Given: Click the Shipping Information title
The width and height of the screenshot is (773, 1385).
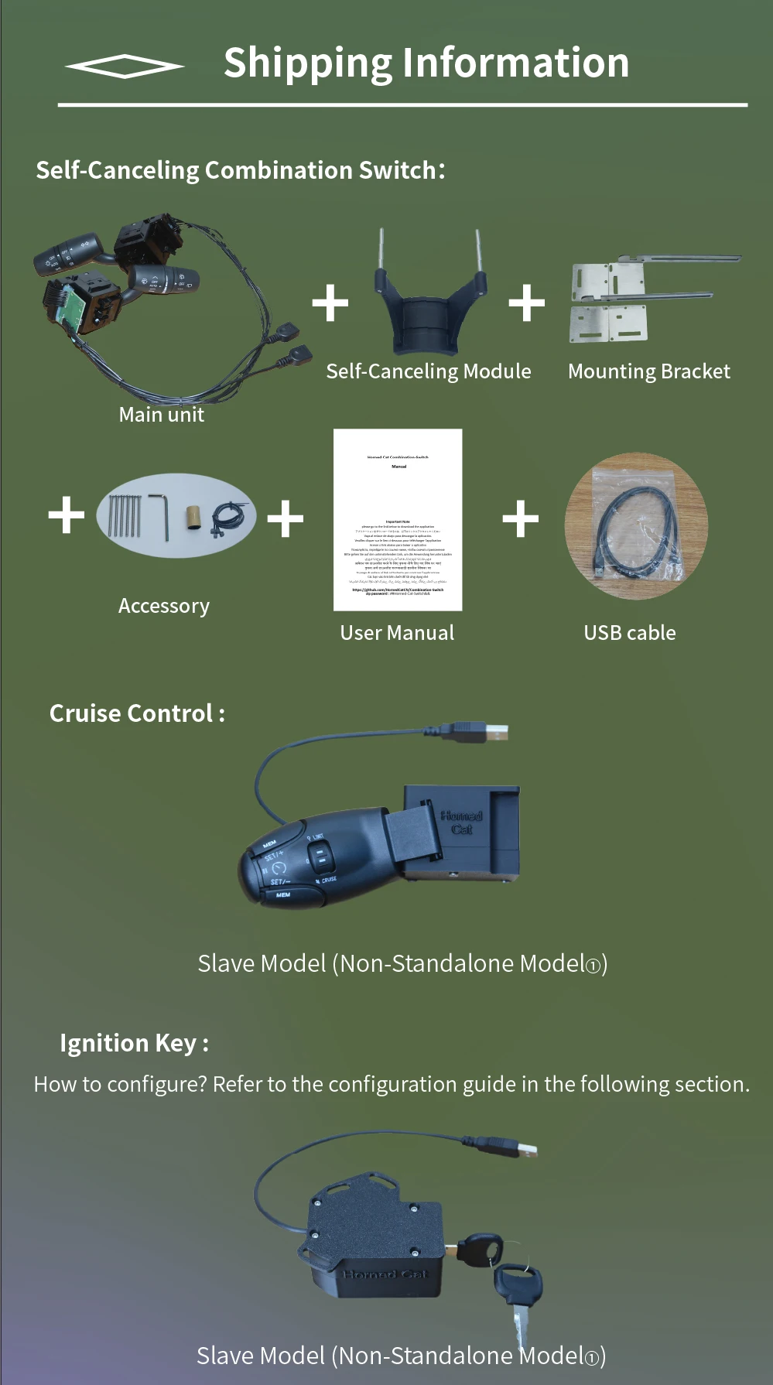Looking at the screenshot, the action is point(426,63).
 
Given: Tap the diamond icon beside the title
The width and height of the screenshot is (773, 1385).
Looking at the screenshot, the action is point(125,67).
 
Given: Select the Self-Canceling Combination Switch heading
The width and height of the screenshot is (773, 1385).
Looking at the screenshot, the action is point(240,170).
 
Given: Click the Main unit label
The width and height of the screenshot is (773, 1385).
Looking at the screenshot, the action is point(161,415).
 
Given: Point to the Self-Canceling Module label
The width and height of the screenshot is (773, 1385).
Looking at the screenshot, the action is point(428,371).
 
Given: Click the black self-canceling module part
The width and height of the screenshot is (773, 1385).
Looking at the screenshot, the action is point(429,306).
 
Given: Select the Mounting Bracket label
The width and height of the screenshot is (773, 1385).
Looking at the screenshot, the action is point(648,371).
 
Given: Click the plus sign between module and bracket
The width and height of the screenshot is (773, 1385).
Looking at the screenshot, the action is point(527,303).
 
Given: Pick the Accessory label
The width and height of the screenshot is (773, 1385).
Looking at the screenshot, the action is point(163,606).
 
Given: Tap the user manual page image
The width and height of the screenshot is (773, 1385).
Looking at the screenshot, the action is point(398,520).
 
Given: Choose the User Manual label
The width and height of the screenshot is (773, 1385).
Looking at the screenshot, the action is point(397,633).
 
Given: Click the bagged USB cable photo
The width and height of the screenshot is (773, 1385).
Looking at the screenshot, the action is point(636,526).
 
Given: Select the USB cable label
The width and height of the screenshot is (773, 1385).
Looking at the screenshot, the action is point(629,633).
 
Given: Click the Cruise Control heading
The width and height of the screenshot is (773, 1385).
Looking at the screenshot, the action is point(137,713).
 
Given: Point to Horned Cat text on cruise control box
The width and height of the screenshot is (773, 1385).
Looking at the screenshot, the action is point(462,822).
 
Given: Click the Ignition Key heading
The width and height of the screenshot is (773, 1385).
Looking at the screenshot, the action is point(134,1043).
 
